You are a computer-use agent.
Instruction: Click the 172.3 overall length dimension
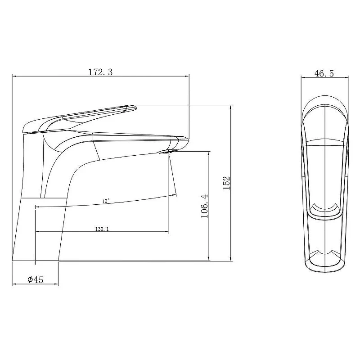tap(100, 72)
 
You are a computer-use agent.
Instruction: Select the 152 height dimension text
tap(226, 183)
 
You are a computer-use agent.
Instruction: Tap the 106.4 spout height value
tap(205, 206)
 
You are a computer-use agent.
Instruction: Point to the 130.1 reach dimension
tap(102, 229)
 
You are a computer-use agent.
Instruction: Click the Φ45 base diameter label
tap(36, 279)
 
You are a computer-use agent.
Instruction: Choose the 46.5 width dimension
tap(324, 73)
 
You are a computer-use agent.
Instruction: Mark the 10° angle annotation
tap(106, 201)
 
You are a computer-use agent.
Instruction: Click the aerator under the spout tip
tap(168, 151)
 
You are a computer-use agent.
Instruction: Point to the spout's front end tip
tap(188, 139)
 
